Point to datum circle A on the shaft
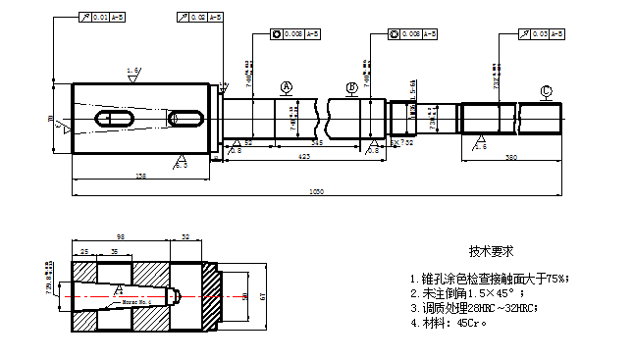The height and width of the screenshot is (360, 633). coord(287,87)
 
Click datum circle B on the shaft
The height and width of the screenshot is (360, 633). coord(352,88)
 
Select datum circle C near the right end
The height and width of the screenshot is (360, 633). coord(546,92)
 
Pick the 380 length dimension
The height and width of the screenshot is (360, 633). coord(510,157)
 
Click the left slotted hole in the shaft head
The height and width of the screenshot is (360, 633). coord(115,119)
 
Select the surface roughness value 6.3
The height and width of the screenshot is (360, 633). coord(181,165)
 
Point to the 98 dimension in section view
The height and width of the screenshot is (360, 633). coord(120,237)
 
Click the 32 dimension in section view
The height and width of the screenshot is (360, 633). coord(186,237)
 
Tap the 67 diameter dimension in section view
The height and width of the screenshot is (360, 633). coord(262,295)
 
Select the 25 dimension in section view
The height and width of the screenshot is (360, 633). coord(85,252)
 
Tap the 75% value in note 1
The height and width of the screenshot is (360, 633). coord(555,279)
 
